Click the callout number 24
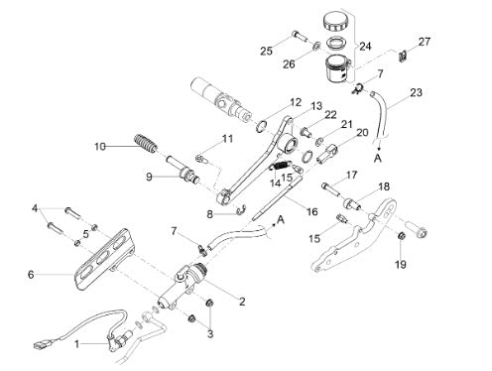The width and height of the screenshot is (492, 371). [x=365, y=47]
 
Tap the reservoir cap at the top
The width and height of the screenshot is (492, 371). [x=335, y=22]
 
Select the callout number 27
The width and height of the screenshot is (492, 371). [x=425, y=42]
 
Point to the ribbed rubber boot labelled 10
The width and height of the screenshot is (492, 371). [x=146, y=144]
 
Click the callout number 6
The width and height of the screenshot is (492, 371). [x=31, y=274]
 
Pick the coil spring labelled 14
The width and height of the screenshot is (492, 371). [x=281, y=166]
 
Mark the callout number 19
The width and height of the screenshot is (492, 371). [x=401, y=265]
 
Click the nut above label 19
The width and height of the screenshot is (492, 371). [x=401, y=237]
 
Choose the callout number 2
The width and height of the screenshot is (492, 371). [x=242, y=302]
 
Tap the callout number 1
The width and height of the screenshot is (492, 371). [x=76, y=344]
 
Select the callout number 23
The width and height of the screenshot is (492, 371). [x=416, y=92]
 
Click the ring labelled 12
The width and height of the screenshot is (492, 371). [x=262, y=126]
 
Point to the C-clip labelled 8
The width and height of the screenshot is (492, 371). [x=242, y=210]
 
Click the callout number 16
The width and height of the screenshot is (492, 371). [x=311, y=211]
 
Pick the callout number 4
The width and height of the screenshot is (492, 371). [x=35, y=208]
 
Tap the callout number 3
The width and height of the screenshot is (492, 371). [x=210, y=334]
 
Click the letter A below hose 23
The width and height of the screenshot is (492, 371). [x=378, y=158]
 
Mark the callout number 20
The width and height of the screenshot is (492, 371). [x=362, y=133]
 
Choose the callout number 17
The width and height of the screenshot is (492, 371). [x=351, y=175]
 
